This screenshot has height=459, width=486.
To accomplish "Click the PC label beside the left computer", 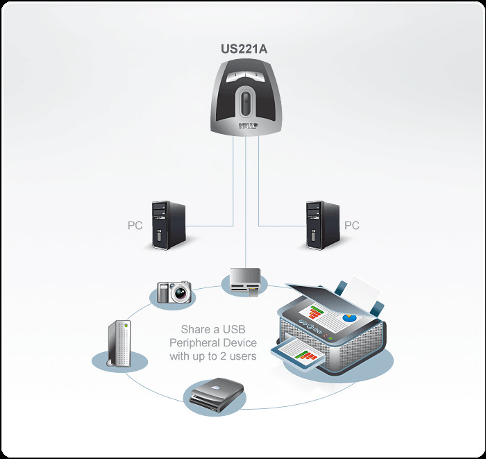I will tap(135, 226).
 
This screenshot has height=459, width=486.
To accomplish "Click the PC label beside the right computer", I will tap(352, 226).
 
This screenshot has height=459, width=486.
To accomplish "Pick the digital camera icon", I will tap(174, 291).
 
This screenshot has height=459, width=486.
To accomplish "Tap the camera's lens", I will tap(181, 294).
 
